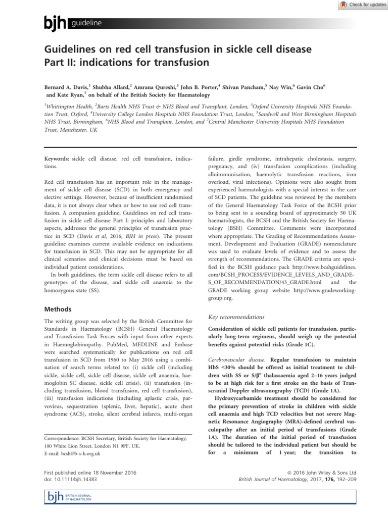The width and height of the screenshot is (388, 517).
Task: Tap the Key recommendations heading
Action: [x=235, y=317]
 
